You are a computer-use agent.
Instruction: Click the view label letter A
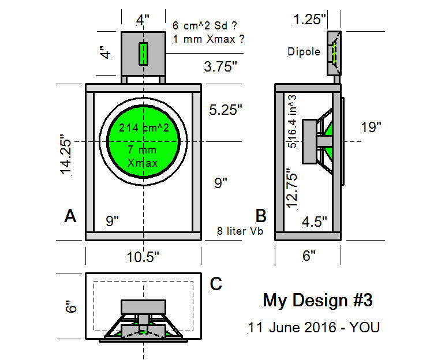tap(70, 216)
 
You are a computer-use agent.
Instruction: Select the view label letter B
tap(261, 216)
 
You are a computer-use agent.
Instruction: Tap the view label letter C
tap(216, 284)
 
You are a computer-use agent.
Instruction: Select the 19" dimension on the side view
tap(371, 127)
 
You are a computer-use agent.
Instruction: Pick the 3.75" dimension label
tap(220, 66)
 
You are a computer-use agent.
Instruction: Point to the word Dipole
tap(304, 52)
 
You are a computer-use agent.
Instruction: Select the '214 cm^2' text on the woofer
tap(144, 128)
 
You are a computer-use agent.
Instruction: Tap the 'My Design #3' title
tap(317, 301)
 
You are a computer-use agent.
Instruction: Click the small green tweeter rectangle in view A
tap(143, 54)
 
